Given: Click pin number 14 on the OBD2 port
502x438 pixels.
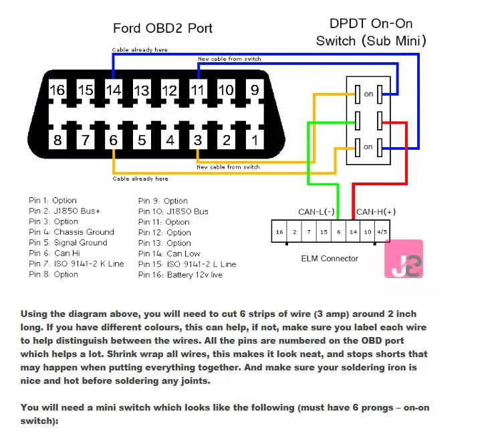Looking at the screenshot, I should point(114,90).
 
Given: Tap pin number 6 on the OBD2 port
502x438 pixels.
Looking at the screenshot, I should point(114,140).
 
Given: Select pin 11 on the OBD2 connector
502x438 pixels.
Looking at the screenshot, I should point(198,90).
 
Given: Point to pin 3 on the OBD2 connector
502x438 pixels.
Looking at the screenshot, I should point(198,140).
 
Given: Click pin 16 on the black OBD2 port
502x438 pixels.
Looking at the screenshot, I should point(57,90).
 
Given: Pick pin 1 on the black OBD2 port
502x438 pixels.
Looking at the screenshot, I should point(255,140).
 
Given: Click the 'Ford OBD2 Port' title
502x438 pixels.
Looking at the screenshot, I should point(162,28).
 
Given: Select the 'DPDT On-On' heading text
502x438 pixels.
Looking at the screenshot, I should point(371,23).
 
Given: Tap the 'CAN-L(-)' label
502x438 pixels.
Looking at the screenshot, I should point(316,212).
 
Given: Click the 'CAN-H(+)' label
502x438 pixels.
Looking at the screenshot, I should point(375,212).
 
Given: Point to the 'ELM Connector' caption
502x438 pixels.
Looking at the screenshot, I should point(330,258).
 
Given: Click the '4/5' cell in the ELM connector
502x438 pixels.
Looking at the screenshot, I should point(382,232).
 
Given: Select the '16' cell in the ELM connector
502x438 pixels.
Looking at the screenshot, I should point(279,232).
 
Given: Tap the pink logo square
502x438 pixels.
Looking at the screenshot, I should point(403,259).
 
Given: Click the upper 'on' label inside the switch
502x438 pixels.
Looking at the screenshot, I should point(368,94).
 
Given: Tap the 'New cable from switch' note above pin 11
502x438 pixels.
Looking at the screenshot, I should point(229,59).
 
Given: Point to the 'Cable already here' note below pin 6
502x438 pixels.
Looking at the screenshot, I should point(140,179).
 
